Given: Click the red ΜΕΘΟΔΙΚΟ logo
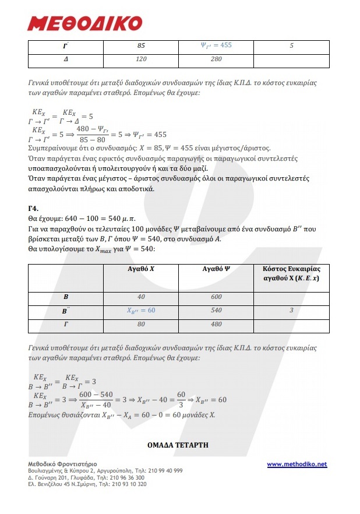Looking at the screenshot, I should pos(85,23).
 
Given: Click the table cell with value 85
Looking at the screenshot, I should pos(141,45).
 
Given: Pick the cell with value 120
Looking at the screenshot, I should pos(141,59).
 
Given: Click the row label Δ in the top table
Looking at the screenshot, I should pos(66,59).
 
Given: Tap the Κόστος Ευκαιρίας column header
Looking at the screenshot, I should pos(291,273).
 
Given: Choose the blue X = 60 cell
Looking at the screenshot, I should pos(141,311).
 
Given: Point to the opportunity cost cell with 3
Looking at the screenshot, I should pos(291,311).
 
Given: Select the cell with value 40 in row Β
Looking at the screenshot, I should pos(141,297).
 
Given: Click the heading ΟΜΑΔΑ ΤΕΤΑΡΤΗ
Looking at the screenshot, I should pos(179,445).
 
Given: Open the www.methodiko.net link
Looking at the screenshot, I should pos(297,464).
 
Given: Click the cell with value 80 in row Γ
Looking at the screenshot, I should pos(141,325).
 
